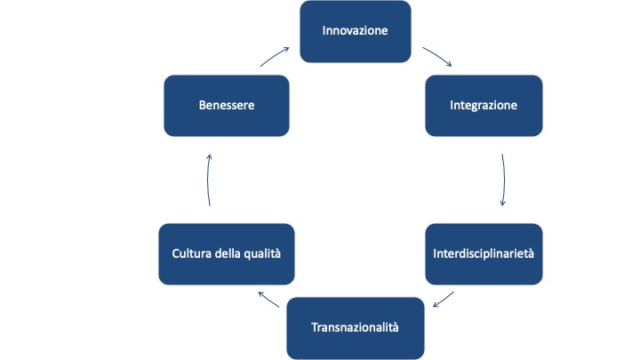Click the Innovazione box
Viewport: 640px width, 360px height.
pyautogui.click(x=356, y=31)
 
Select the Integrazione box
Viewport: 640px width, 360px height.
pyautogui.click(x=484, y=105)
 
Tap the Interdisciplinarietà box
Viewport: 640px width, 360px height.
pyautogui.click(x=484, y=253)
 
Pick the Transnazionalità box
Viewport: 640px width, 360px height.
pyautogui.click(x=356, y=327)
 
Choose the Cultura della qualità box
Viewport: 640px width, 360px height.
pyautogui.click(x=226, y=253)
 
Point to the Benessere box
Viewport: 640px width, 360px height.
pyautogui.click(x=228, y=105)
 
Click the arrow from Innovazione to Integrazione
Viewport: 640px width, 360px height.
pyautogui.click(x=436, y=56)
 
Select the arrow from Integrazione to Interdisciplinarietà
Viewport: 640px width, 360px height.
pyautogui.click(x=504, y=180)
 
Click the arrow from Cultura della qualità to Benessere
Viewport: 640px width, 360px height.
pyautogui.click(x=208, y=180)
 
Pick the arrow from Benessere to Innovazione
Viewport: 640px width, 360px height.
pyautogui.click(x=275, y=56)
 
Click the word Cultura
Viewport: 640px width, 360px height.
pyautogui.click(x=192, y=253)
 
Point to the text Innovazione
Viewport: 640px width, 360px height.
pyautogui.click(x=356, y=31)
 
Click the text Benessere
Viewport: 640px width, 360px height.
pyautogui.click(x=228, y=105)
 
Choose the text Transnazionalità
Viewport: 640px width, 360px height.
pyautogui.click(x=356, y=327)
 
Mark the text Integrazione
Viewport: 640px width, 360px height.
pyautogui.click(x=484, y=105)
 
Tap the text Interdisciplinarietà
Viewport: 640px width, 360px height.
pyautogui.click(x=484, y=253)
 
